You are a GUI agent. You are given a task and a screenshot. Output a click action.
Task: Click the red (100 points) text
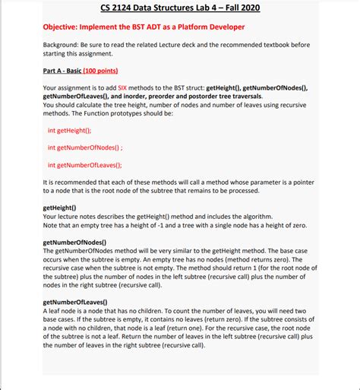point(101,71)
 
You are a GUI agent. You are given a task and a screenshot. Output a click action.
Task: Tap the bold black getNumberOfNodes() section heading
point(74,242)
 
